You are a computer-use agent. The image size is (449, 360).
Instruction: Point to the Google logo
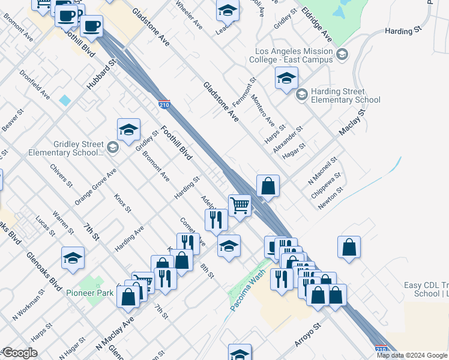pyautogui.click(x=19, y=353)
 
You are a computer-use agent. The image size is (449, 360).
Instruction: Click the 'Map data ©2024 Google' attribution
pyautogui.click(x=411, y=355)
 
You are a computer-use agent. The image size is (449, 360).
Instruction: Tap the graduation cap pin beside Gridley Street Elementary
pyautogui.click(x=128, y=129)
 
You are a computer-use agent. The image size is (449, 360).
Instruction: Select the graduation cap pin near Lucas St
pyautogui.click(x=73, y=258)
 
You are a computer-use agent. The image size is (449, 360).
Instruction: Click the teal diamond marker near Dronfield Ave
pyautogui.click(x=65, y=100)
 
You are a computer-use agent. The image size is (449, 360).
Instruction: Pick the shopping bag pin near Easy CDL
pyautogui.click(x=349, y=247)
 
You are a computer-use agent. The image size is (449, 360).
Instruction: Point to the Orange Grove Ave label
pyautogui.click(x=95, y=187)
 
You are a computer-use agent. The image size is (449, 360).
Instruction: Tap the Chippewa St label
pyautogui.click(x=326, y=185)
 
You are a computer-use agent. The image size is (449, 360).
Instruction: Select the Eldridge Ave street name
pyautogui.click(x=317, y=24)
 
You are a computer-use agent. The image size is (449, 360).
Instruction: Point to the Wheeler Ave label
pyautogui.click(x=189, y=15)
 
